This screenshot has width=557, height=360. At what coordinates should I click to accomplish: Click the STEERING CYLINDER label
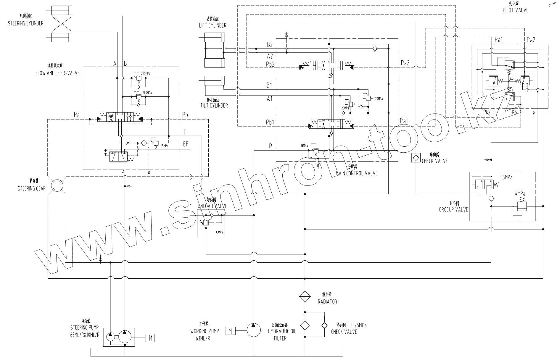click(x=25, y=23)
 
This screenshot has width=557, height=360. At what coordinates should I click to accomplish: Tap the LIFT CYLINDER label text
click(x=213, y=25)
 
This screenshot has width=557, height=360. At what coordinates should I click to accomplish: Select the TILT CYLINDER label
click(x=214, y=105)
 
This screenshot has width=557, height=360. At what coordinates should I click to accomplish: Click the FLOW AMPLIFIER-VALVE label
click(x=57, y=73)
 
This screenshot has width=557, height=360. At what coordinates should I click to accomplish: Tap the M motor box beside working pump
click(x=230, y=330)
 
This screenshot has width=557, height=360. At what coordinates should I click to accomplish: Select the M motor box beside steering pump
click(x=150, y=338)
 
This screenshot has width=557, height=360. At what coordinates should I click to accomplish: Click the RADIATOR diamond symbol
click(x=305, y=296)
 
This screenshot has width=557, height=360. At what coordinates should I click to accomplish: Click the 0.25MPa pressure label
click(x=359, y=325)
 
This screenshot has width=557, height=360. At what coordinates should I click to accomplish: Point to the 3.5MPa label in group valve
click(x=506, y=177)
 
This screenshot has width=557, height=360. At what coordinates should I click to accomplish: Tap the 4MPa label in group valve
click(x=520, y=194)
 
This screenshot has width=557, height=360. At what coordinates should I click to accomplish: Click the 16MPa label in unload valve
click(x=219, y=232)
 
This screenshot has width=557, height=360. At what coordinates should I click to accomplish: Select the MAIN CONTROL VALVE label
click(x=357, y=173)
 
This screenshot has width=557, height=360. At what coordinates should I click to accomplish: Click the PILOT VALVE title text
click(x=515, y=10)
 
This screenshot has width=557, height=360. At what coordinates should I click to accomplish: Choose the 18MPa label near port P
click(x=304, y=146)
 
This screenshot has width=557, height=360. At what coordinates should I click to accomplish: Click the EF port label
click(x=186, y=144)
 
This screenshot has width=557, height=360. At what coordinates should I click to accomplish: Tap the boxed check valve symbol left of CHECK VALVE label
click(x=416, y=158)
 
